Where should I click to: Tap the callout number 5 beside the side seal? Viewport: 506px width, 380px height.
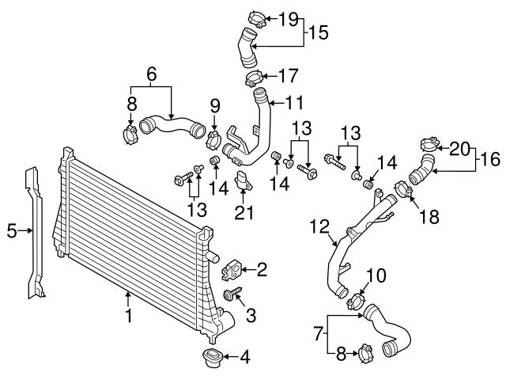click(x=11, y=231)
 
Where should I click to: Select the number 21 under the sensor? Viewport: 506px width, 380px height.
click(x=245, y=211)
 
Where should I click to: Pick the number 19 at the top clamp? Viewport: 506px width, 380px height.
click(x=289, y=17)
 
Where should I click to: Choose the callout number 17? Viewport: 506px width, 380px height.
click(x=289, y=77)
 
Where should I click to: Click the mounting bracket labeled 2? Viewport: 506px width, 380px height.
click(x=231, y=270)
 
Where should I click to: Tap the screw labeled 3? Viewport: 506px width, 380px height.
click(x=232, y=296)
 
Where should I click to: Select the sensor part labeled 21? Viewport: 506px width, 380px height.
click(x=244, y=180)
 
